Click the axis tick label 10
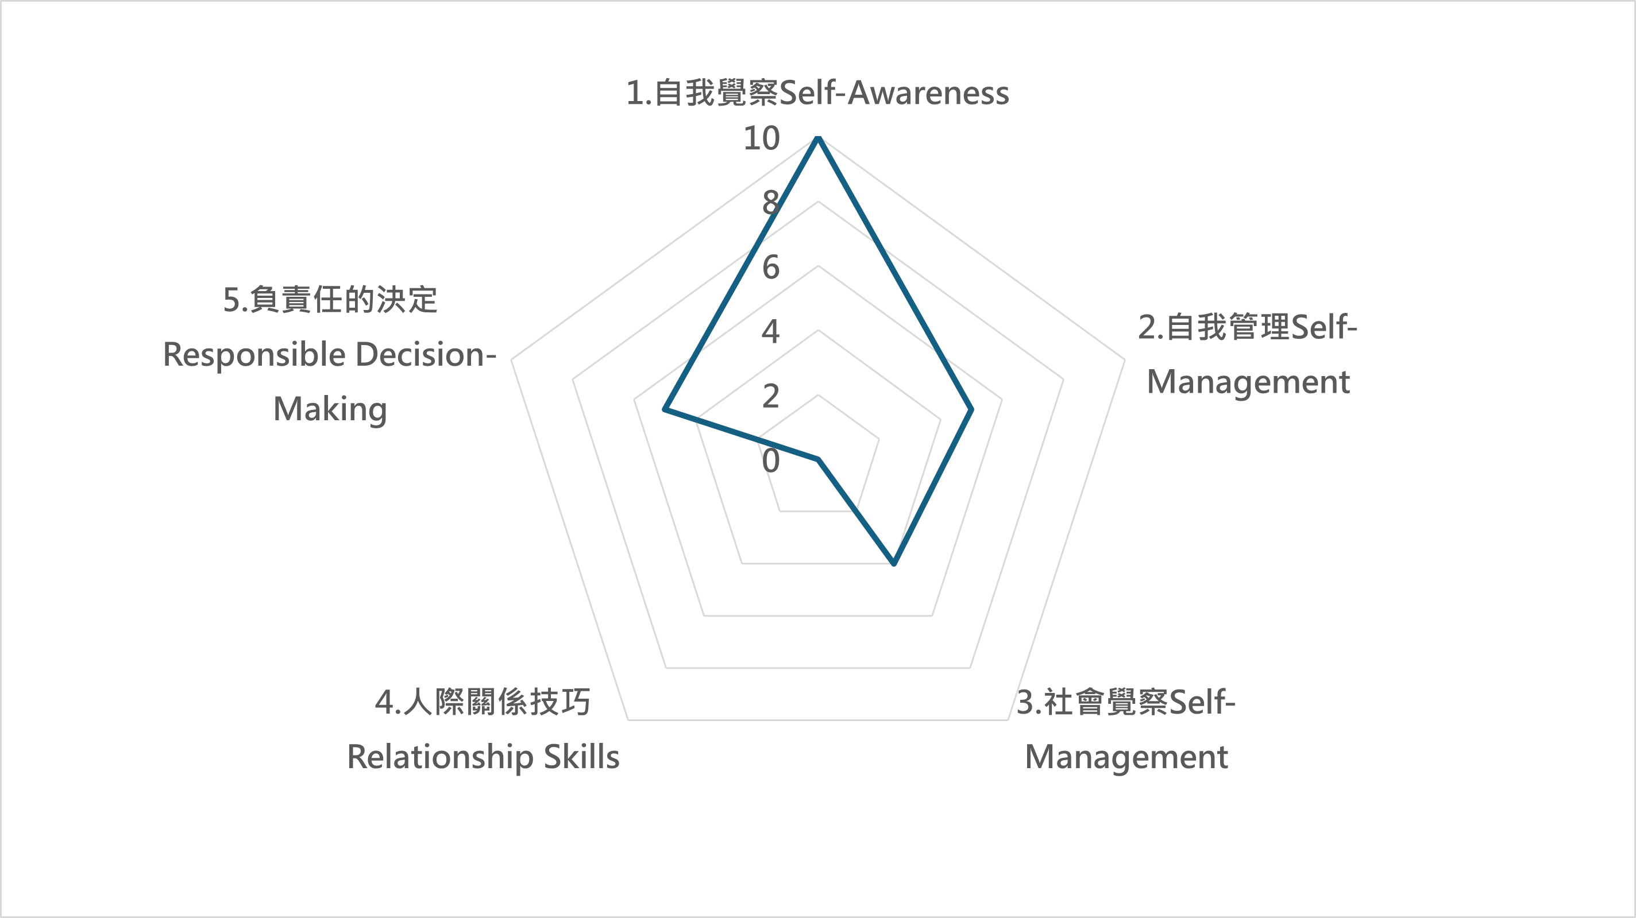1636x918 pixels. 762,138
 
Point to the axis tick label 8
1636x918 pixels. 770,203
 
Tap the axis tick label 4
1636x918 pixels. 770,331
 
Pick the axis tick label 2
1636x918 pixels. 770,396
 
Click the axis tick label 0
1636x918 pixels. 770,460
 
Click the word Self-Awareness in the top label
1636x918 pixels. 894,92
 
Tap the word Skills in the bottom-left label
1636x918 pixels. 581,757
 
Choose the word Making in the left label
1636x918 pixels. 330,410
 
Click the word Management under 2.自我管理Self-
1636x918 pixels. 1248,383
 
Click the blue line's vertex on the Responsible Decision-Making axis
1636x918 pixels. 664,410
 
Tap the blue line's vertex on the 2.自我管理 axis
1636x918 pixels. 971,410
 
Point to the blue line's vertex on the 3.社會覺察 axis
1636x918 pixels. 894,563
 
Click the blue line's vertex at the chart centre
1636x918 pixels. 819,459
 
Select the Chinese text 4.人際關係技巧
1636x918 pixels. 483,702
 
